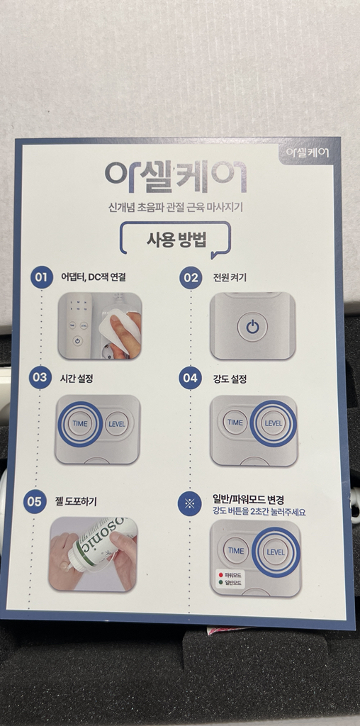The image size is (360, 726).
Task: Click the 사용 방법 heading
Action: click(176, 239)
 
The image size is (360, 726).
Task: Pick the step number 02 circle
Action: click(191, 277)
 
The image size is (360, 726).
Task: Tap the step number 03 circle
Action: click(40, 378)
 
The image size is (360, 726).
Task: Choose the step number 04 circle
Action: click(191, 378)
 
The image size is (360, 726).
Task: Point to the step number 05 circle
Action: click(35, 501)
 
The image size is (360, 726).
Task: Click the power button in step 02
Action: click(253, 327)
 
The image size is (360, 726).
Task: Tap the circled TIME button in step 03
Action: click(79, 424)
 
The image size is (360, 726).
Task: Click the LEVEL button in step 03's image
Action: click(117, 424)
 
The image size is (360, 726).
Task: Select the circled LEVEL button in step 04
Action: click(273, 423)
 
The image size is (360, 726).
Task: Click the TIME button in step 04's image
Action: click(235, 423)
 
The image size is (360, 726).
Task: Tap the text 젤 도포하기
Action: click(76, 501)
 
